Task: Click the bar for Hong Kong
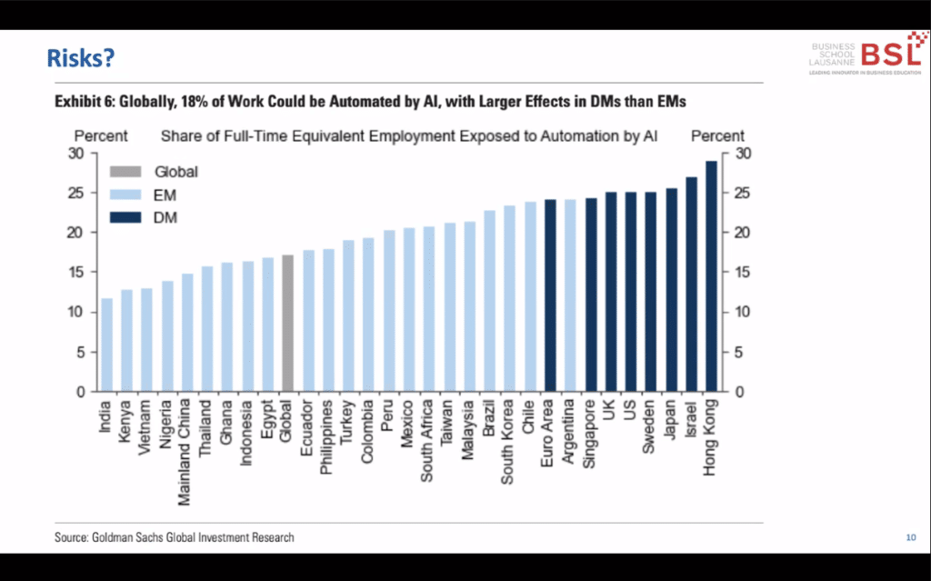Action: click(711, 276)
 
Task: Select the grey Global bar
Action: click(288, 324)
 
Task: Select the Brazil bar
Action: click(489, 301)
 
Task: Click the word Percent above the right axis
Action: click(717, 136)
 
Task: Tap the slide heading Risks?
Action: click(80, 59)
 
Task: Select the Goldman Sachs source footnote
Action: click(175, 537)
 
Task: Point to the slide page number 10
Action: click(910, 538)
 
